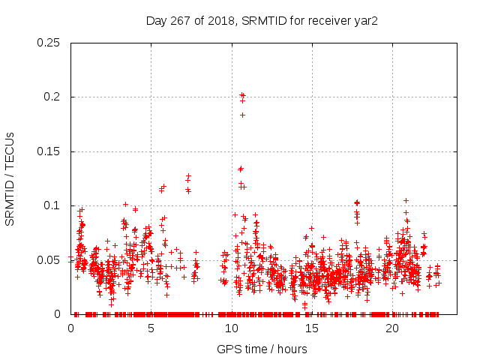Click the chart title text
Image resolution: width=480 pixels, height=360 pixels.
point(261,21)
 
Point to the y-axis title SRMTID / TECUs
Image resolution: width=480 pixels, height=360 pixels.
point(10,178)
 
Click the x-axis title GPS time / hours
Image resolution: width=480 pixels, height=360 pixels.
point(262,349)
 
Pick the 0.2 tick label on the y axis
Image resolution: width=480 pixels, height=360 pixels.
point(52,97)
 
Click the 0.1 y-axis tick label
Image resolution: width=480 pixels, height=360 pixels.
point(52,205)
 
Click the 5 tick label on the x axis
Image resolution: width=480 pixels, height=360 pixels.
point(151,328)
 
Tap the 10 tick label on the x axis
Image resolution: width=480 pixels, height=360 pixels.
point(232,328)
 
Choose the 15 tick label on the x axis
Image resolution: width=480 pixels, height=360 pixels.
point(312,328)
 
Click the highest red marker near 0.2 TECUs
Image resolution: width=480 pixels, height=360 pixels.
point(241,94)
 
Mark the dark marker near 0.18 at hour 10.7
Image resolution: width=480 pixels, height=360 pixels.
point(243,115)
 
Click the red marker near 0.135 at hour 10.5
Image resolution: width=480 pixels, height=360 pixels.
point(240,169)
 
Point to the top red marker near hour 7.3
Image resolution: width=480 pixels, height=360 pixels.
point(189,176)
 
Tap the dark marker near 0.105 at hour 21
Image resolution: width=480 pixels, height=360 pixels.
point(406,200)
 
